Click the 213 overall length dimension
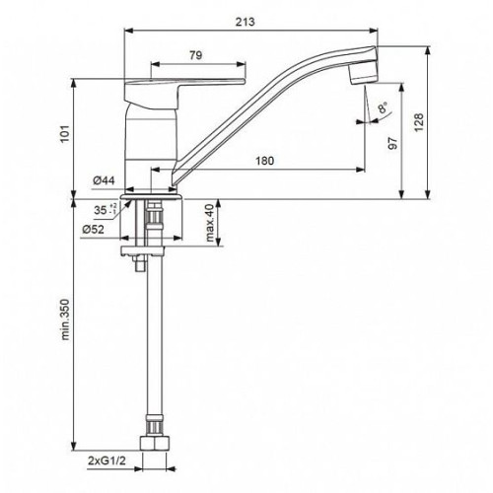pos(245,22)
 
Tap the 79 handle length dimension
pos(195,55)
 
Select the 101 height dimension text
pos(66,133)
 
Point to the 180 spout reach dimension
pos(264,161)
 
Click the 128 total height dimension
pos(418,122)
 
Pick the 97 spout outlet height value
pos(392,143)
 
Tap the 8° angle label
pos(383,107)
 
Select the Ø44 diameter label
pos(104,180)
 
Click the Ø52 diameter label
pos(93,229)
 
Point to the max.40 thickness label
pos(210,222)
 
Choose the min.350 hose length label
pos(66,319)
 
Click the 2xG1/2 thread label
pos(106,460)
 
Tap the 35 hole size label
pos(106,210)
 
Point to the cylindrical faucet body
pos(151,148)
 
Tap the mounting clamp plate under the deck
pos(142,251)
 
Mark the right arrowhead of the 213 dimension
pos(374,31)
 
